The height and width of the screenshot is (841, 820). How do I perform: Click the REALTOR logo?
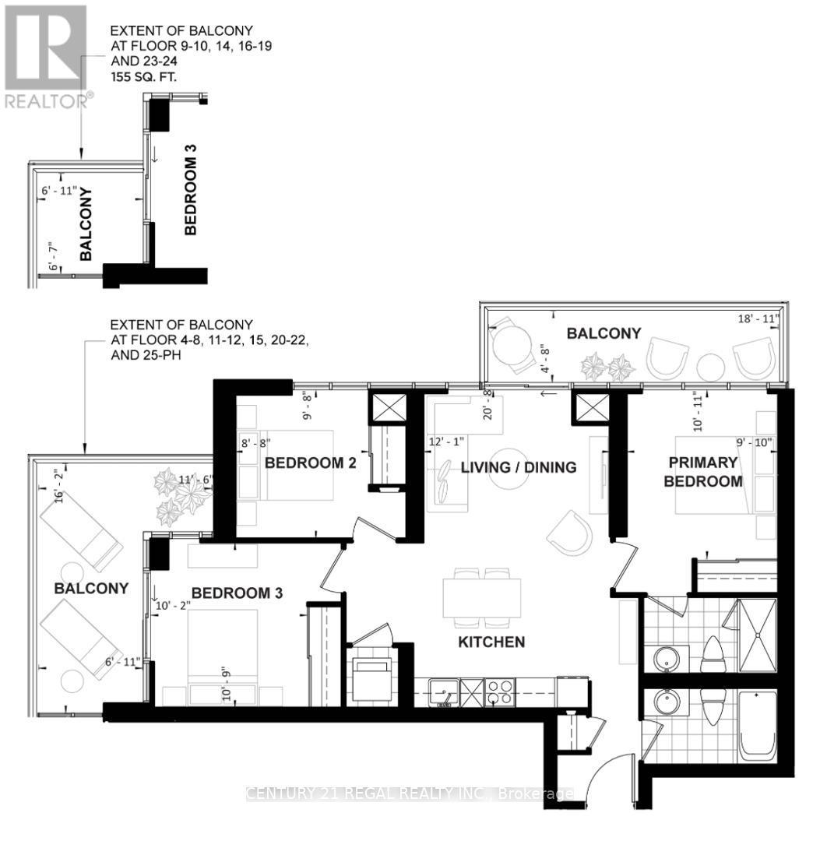click(x=46, y=55)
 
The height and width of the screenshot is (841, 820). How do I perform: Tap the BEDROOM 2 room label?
click(x=310, y=463)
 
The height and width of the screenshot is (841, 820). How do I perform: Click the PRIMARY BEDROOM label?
click(x=702, y=472)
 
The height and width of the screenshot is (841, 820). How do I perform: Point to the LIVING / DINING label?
click(x=518, y=467)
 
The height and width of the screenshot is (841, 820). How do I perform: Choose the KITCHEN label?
click(x=491, y=642)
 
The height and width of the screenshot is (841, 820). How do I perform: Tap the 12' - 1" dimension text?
click(x=446, y=442)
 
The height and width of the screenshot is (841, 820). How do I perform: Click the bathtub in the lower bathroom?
click(x=757, y=726)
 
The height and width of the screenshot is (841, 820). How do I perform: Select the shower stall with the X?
click(x=756, y=635)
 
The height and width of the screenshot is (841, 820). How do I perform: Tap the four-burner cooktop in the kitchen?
click(x=499, y=691)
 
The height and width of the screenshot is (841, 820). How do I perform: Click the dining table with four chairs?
click(x=482, y=597)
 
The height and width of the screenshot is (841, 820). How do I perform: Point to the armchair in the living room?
click(x=570, y=533)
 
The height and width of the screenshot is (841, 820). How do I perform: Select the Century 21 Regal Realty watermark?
click(x=410, y=793)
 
